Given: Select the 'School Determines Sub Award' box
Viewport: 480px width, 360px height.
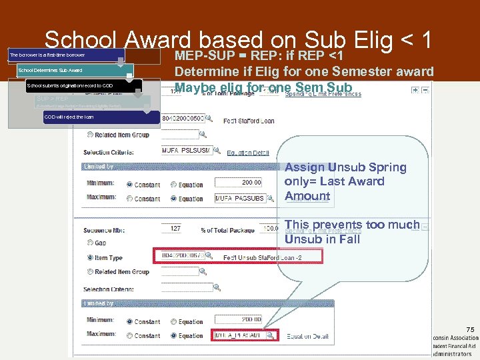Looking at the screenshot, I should pos(74,70).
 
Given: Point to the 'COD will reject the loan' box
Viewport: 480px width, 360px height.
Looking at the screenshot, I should pos(100,117).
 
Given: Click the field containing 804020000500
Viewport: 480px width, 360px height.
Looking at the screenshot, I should pos(182,118).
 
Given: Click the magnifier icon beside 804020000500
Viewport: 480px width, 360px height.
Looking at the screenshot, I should pos(209,118).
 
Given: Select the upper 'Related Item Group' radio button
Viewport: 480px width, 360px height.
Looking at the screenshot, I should pos(90,135).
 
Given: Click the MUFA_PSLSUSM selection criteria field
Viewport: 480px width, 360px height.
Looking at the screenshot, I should pos(187,150).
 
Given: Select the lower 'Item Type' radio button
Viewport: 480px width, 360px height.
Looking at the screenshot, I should pos(90,257).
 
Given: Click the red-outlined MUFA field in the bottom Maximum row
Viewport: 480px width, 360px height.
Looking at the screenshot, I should pos(238,336).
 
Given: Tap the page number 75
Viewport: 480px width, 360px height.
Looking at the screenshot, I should pos(471,329).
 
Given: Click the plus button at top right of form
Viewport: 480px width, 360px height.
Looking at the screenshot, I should pos(415,90).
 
